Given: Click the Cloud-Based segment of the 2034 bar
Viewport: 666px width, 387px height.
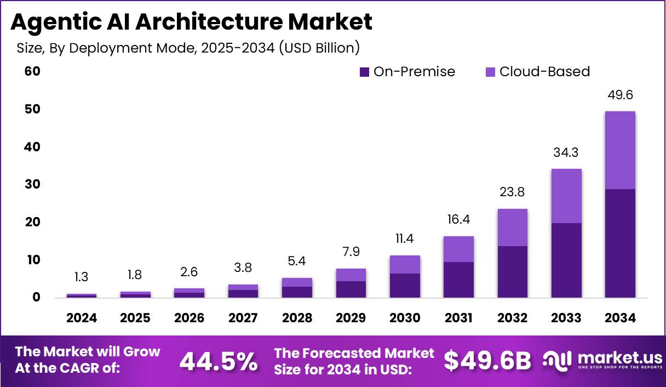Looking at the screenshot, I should (x=620, y=150).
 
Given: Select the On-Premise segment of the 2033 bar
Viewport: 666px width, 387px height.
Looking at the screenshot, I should (x=566, y=260).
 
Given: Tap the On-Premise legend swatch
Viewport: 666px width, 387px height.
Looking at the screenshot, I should (x=364, y=72).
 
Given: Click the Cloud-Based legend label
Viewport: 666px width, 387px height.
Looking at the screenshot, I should (x=544, y=72).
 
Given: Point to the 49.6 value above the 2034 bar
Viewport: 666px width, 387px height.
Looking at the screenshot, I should (x=620, y=95).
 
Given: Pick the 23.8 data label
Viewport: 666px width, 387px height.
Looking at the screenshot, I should (x=513, y=193).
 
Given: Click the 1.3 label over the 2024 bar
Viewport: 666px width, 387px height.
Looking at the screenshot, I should (x=81, y=277).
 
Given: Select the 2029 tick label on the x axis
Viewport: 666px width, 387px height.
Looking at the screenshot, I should (x=351, y=318).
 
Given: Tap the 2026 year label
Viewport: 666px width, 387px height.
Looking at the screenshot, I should (x=189, y=318).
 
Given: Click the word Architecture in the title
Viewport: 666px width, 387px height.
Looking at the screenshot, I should (x=217, y=22).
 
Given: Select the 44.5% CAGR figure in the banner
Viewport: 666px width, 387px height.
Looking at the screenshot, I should (x=219, y=361).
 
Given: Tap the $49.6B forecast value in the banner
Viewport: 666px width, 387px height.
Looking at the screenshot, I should (x=487, y=361).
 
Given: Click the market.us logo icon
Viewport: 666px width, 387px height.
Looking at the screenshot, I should (x=558, y=360).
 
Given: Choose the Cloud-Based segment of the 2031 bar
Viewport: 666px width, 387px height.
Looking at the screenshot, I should (x=459, y=249).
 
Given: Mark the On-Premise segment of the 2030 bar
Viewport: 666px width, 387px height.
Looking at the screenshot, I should (x=405, y=286).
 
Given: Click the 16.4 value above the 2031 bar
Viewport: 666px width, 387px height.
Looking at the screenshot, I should (x=459, y=220).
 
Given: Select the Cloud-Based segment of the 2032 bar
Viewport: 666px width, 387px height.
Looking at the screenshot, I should (x=513, y=227).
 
